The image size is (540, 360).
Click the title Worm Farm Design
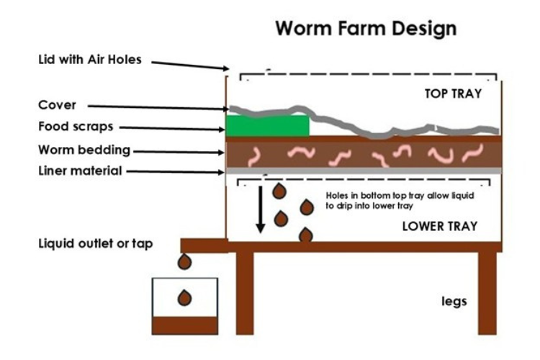point(366,29)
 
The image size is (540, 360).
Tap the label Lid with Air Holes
point(90,60)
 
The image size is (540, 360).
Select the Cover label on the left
point(58,105)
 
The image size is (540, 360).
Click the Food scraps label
point(76,127)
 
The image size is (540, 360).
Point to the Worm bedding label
point(84,150)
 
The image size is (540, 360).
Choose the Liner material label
point(80,171)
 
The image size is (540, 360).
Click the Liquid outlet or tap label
point(96,243)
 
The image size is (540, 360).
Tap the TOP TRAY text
point(452,94)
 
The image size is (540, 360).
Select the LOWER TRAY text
point(440,226)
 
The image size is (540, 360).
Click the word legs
point(454,301)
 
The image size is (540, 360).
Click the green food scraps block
point(267,125)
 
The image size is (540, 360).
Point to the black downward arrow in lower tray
point(261,209)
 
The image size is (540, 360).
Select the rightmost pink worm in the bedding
point(473,153)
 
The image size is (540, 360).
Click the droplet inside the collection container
point(185,297)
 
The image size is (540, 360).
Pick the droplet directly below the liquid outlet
point(185,261)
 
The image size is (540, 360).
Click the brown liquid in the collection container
point(185,325)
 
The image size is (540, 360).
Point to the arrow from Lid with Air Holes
point(189,66)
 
